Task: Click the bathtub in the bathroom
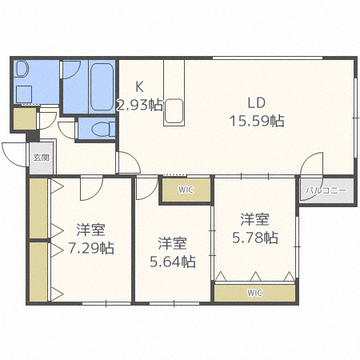coord(100,86)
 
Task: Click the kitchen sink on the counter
coord(174,111)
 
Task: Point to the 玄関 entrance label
coord(40,158)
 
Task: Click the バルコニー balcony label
coord(323,191)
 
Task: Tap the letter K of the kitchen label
coord(139,87)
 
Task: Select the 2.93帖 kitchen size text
coord(139,105)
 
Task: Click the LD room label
coord(255,103)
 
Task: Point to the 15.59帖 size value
coord(255,121)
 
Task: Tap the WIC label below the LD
coord(186,190)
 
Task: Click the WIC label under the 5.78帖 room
coord(254,293)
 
